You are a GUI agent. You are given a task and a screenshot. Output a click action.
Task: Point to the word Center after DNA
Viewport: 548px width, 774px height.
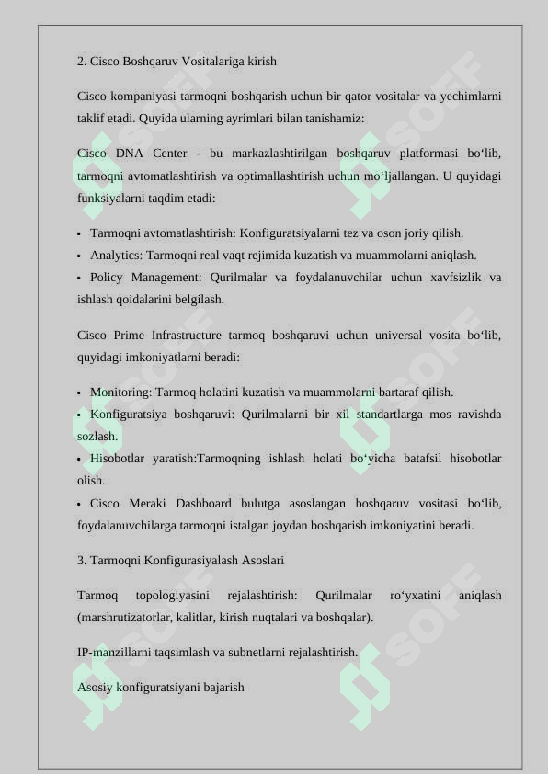(170, 153)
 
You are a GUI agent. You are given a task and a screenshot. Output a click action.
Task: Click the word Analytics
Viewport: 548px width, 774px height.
(115, 256)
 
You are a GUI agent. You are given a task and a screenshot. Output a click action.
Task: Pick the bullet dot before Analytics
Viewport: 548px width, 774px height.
(80, 256)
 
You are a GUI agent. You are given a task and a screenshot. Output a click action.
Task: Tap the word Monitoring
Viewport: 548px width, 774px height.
(120, 393)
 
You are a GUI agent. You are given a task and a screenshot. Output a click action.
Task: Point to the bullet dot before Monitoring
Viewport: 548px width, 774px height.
(80, 393)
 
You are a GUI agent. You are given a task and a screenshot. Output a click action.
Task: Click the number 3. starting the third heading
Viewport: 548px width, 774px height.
(82, 560)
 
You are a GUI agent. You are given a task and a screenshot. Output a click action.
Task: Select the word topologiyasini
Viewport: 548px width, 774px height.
(172, 596)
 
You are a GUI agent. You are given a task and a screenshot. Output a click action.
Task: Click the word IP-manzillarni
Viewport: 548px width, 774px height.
(113, 653)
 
